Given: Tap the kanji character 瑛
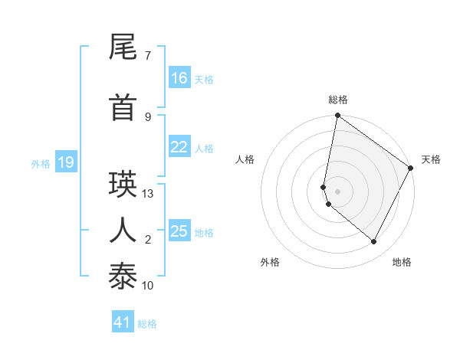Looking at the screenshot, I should pos(123,185).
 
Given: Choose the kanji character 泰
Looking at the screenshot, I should pos(123,275).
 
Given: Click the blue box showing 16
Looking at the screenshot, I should pos(179,77).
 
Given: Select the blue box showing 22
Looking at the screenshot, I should pos(179,147).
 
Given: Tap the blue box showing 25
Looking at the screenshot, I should pos(179,231).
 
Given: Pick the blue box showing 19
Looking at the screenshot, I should pos(65,162).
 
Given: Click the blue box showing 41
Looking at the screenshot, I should pos(123,322).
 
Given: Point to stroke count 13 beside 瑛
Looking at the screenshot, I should pos(148,194).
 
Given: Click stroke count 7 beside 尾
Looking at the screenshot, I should pos(148,56).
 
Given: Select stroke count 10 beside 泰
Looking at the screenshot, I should pos(148,285).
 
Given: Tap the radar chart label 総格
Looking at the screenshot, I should pos(338,100).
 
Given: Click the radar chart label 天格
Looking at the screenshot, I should pos(431,159).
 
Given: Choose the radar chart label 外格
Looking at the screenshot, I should pos(270,262).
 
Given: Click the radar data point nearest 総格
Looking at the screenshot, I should pos(337,116).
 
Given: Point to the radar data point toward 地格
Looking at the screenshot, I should pos(374,242).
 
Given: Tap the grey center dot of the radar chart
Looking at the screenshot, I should pos(337,191).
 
